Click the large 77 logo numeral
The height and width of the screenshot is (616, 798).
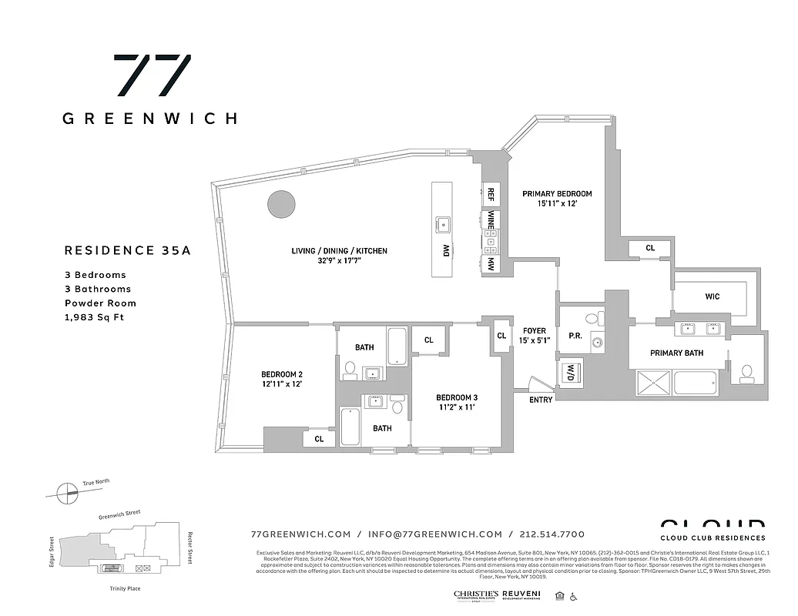(152, 75)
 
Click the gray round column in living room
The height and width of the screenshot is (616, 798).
(281, 204)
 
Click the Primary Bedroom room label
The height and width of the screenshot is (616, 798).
(557, 194)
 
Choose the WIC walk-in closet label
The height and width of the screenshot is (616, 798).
(712, 296)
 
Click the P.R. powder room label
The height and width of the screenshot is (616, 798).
(575, 336)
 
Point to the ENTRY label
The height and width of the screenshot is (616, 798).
(541, 400)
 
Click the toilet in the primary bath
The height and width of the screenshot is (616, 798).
(745, 373)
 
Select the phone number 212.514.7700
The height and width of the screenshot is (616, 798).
(552, 534)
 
